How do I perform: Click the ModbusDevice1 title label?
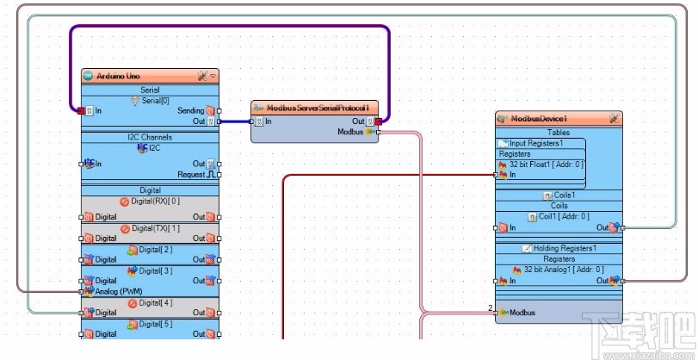click(539, 118)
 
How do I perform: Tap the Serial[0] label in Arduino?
click(155, 100)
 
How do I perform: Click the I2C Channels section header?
click(150, 137)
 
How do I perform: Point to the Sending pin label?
click(190, 111)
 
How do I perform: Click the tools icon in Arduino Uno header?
click(202, 76)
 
